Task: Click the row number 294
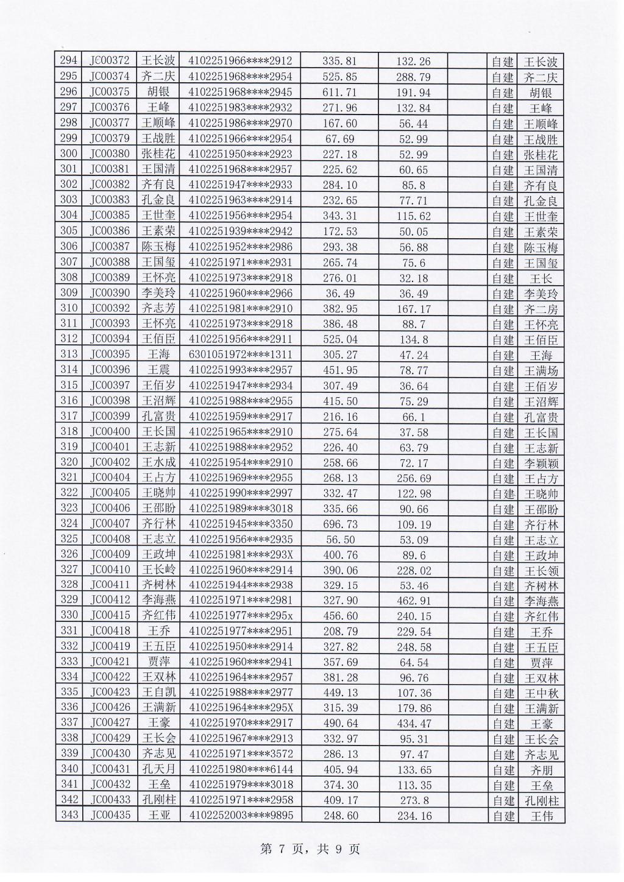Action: tap(69, 61)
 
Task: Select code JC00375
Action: tap(110, 92)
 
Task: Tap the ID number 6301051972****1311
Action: tap(241, 355)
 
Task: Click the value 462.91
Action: tap(413, 601)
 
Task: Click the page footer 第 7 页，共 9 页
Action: tap(310, 849)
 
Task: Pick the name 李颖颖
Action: tap(541, 464)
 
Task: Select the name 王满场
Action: tap(541, 371)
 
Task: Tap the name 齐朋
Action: tap(541, 771)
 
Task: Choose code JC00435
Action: tap(110, 816)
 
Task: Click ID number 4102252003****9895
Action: tap(241, 816)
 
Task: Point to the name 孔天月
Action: tap(158, 770)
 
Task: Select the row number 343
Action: tap(69, 816)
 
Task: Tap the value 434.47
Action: tap(413, 724)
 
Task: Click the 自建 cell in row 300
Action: tap(503, 155)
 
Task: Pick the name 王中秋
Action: tap(541, 693)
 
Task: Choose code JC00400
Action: tap(110, 432)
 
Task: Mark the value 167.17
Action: tap(413, 309)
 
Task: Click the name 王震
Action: tap(158, 370)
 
